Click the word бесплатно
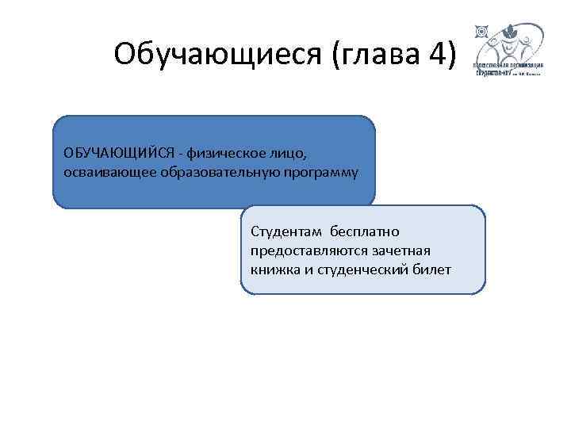click(366, 231)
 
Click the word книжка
click(272, 269)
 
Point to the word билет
click(431, 269)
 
